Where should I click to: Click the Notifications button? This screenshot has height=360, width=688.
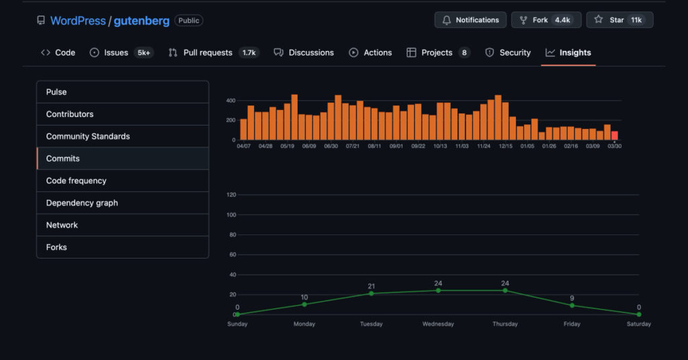tap(470, 20)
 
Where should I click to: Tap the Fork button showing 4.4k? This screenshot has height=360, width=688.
tap(546, 20)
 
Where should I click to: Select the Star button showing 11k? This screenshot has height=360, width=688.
tap(619, 20)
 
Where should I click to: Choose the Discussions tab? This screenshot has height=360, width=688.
tap(304, 52)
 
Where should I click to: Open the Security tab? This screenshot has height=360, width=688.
tap(508, 52)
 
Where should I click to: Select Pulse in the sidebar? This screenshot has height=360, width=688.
tap(56, 92)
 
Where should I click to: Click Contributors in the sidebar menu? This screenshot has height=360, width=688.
tap(70, 114)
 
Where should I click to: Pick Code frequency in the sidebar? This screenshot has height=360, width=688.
tap(76, 181)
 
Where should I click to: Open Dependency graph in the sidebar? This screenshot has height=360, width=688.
tap(82, 203)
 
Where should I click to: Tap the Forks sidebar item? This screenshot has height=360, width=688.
tap(56, 247)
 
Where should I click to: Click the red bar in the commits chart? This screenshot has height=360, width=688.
tap(614, 135)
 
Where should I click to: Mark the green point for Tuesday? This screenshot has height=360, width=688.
tap(371, 294)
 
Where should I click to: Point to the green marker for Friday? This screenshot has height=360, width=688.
tap(572, 306)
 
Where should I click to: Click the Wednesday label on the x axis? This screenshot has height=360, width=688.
tap(438, 324)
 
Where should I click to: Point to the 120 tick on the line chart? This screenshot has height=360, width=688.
tap(232, 195)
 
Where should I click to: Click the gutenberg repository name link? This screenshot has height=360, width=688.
tap(141, 21)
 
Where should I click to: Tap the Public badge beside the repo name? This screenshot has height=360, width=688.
tap(189, 21)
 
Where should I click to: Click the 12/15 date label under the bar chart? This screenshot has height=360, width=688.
tap(505, 146)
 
